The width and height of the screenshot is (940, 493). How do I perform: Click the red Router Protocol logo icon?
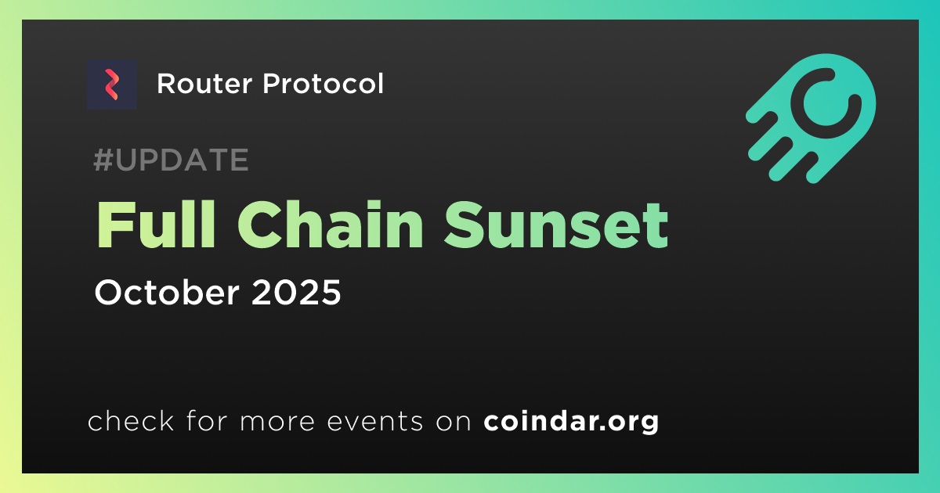click(x=111, y=85)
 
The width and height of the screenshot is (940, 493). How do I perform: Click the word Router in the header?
click(x=204, y=84)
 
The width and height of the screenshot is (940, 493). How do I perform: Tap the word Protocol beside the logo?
click(x=323, y=84)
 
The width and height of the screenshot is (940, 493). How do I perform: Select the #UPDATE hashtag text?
click(x=172, y=160)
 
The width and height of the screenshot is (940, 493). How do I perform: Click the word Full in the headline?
click(x=156, y=225)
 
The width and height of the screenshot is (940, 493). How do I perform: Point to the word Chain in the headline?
click(x=331, y=225)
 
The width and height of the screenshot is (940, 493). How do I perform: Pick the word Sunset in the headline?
click(x=556, y=225)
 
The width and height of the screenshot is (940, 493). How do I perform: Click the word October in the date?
click(x=167, y=292)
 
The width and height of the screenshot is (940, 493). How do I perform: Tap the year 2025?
click(x=296, y=293)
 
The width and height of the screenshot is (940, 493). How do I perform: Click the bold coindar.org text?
click(x=571, y=421)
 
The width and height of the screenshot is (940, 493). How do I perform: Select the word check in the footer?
click(x=131, y=420)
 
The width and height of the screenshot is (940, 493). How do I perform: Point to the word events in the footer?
click(x=374, y=421)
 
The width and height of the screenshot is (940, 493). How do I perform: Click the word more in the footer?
click(x=277, y=422)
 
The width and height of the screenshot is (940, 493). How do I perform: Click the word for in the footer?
click(x=207, y=420)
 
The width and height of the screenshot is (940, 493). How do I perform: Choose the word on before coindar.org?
click(x=454, y=422)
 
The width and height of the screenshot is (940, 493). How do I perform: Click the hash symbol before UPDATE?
click(x=103, y=160)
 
